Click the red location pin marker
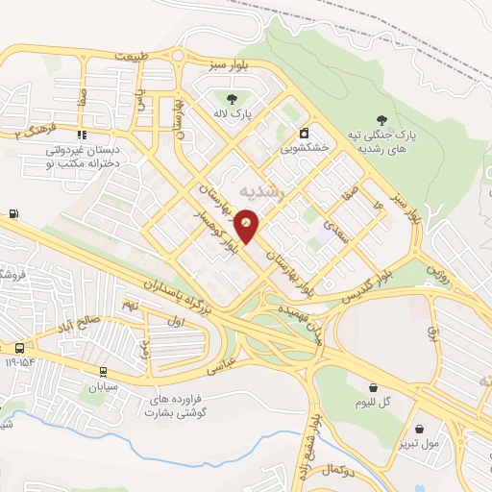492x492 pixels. pyautogui.click(x=247, y=222)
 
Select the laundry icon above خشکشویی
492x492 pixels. pyautogui.click(x=304, y=133)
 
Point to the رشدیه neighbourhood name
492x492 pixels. pyautogui.click(x=266, y=191)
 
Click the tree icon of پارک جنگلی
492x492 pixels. pyautogui.click(x=382, y=120)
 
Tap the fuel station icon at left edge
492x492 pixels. pyautogui.click(x=12, y=213)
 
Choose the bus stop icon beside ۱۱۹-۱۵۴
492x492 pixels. pyautogui.click(x=19, y=347)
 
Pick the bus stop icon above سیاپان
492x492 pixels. pyautogui.click(x=103, y=371)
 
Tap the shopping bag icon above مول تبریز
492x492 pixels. pyautogui.click(x=419, y=430)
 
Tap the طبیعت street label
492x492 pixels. pyautogui.click(x=133, y=56)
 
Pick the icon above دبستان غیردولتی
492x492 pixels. pyautogui.click(x=82, y=135)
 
